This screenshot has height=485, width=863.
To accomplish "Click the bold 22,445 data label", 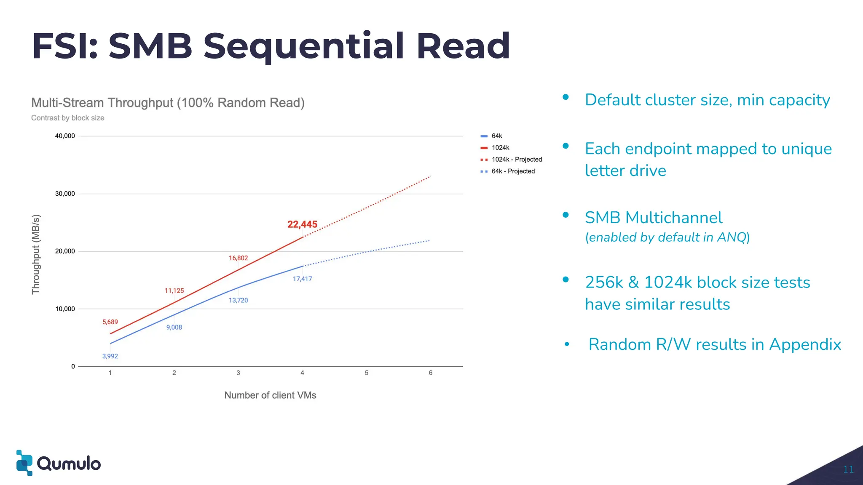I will pos(302,224).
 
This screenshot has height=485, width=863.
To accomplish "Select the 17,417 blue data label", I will pos(302,279).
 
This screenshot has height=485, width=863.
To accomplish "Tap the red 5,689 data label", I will pos(110,322).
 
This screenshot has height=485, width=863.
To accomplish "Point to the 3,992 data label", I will pos(110,356).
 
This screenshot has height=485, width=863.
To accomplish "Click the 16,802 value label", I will pos(238,258).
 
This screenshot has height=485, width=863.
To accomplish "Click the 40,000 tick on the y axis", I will pos(65,136).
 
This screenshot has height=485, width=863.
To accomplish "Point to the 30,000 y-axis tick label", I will pos(65,194).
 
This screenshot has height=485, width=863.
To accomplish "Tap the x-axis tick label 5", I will pos(366,373).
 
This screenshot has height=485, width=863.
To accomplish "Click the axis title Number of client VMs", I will pos(270,395).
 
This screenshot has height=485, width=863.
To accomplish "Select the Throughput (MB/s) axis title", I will pos(36,254).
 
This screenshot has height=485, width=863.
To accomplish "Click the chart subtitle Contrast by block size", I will pos(68,118).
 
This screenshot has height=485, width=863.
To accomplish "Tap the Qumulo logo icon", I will pos(24,463).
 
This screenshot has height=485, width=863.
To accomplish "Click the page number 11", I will pos(848,469).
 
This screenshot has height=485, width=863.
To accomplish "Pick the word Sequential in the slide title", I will pos(304,46).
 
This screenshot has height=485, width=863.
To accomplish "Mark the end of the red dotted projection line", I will pos(430,176).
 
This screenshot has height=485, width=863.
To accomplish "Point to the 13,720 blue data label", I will pos(238,301).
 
